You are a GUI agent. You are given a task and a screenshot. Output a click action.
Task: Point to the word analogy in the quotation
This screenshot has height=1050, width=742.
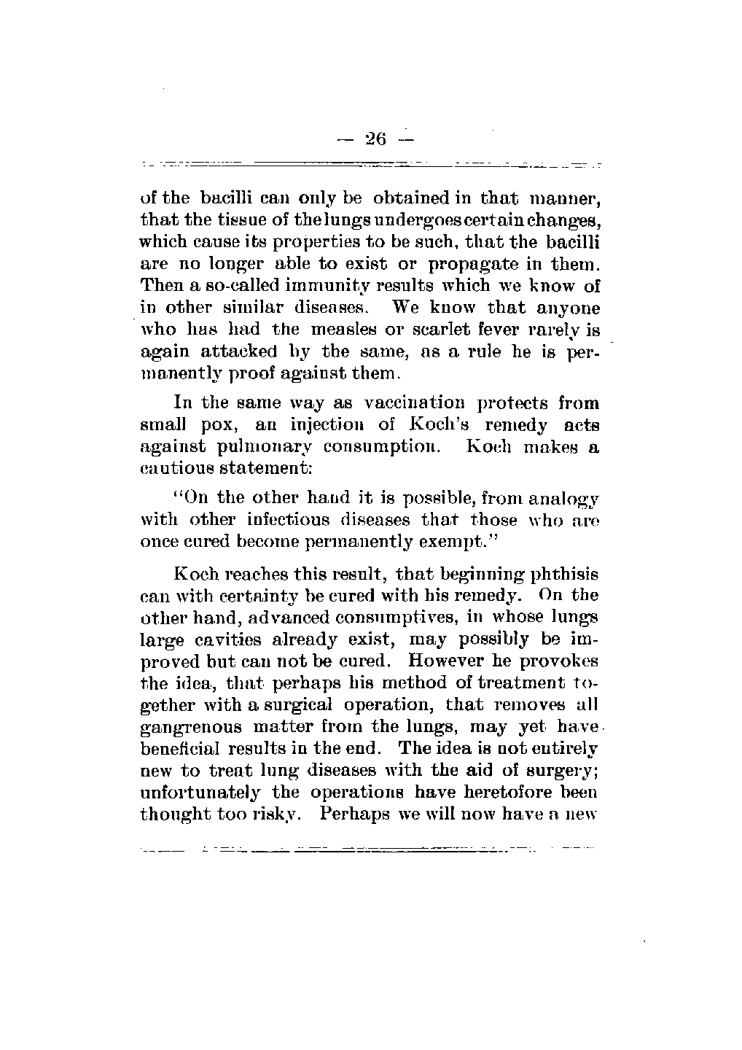pos(561,499)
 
